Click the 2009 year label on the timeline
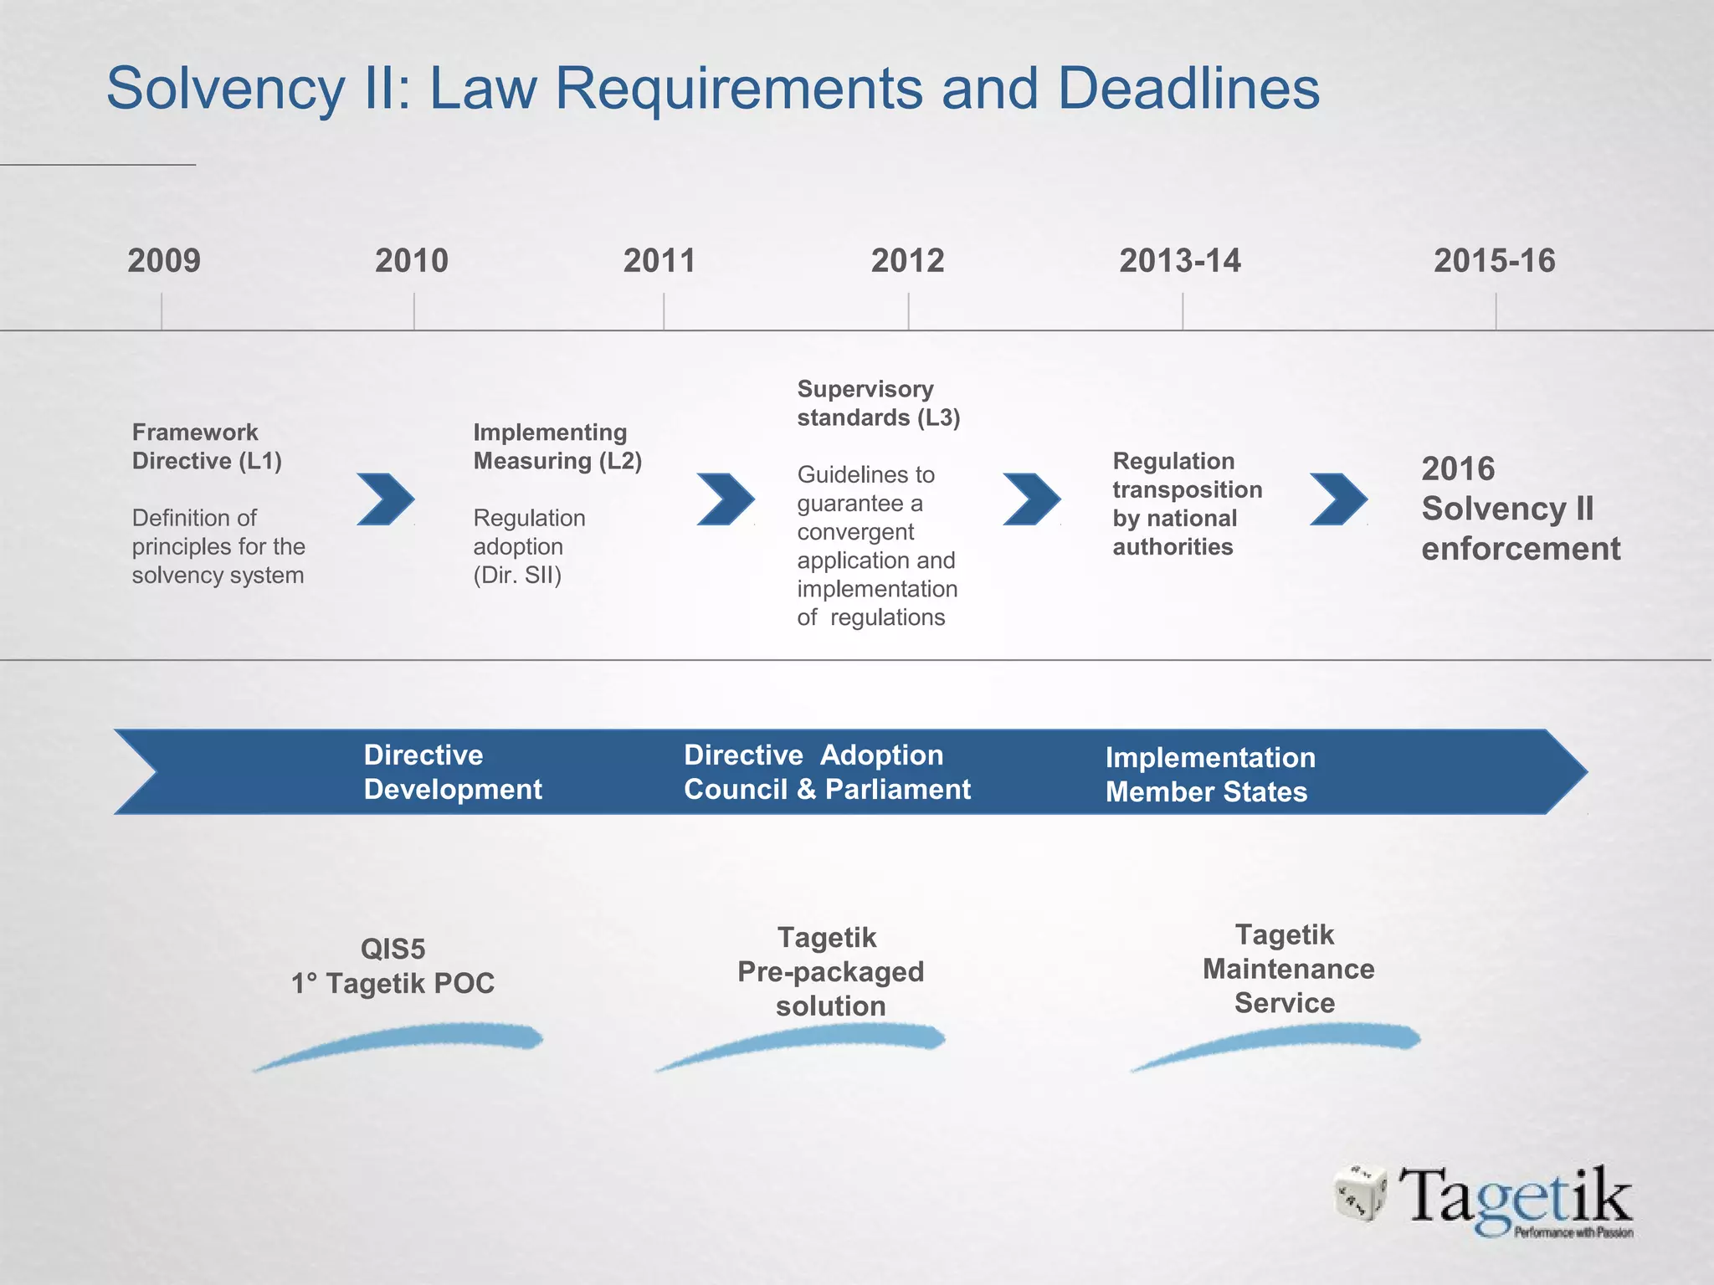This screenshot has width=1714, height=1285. (x=164, y=260)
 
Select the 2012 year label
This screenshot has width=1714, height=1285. (x=907, y=260)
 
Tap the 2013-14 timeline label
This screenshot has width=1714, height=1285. (x=1180, y=260)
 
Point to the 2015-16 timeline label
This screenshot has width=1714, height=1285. (x=1495, y=260)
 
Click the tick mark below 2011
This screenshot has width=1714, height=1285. (x=664, y=311)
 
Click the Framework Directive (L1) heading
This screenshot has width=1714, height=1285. (x=207, y=447)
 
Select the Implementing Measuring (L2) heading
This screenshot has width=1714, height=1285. (x=557, y=447)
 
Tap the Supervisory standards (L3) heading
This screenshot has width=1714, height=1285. (x=878, y=403)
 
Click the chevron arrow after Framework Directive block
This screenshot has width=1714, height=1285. (x=385, y=499)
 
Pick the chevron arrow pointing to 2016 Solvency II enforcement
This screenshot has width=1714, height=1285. (x=1338, y=499)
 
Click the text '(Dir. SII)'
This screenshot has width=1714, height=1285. (x=517, y=576)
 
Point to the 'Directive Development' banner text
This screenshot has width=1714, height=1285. (x=453, y=772)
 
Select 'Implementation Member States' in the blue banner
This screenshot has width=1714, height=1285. (x=1209, y=775)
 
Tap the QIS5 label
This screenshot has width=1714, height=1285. (x=393, y=949)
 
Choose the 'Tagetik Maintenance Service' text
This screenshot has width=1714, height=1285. (x=1287, y=969)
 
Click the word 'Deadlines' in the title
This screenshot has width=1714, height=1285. (x=1188, y=88)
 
